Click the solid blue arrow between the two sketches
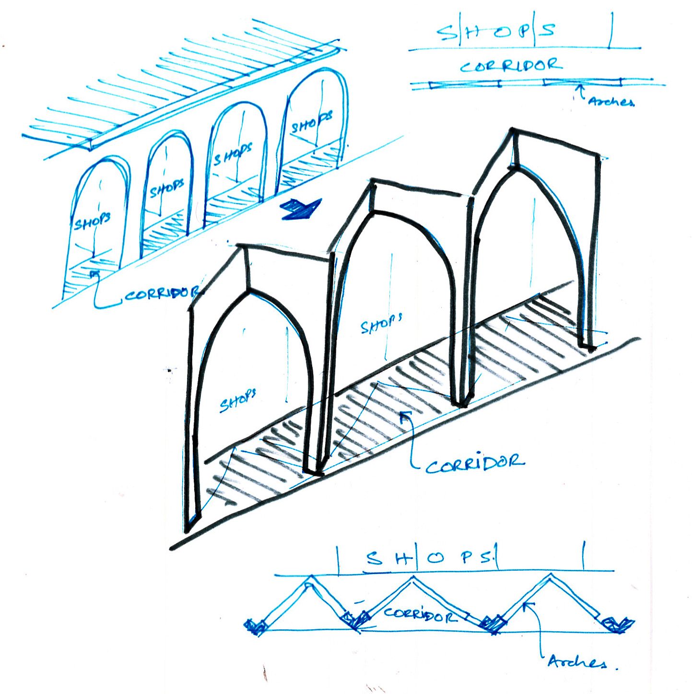pos(301,209)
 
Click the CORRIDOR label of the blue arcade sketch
pos(161,294)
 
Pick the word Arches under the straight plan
pos(611,101)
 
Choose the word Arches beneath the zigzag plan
pos(576,662)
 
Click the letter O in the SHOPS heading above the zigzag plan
pos(436,558)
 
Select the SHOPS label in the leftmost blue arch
pos(92,221)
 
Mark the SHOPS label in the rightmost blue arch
pos(311,122)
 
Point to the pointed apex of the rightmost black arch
pos(514,166)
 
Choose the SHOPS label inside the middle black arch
pos(381,324)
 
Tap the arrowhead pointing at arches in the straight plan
pos(580,86)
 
